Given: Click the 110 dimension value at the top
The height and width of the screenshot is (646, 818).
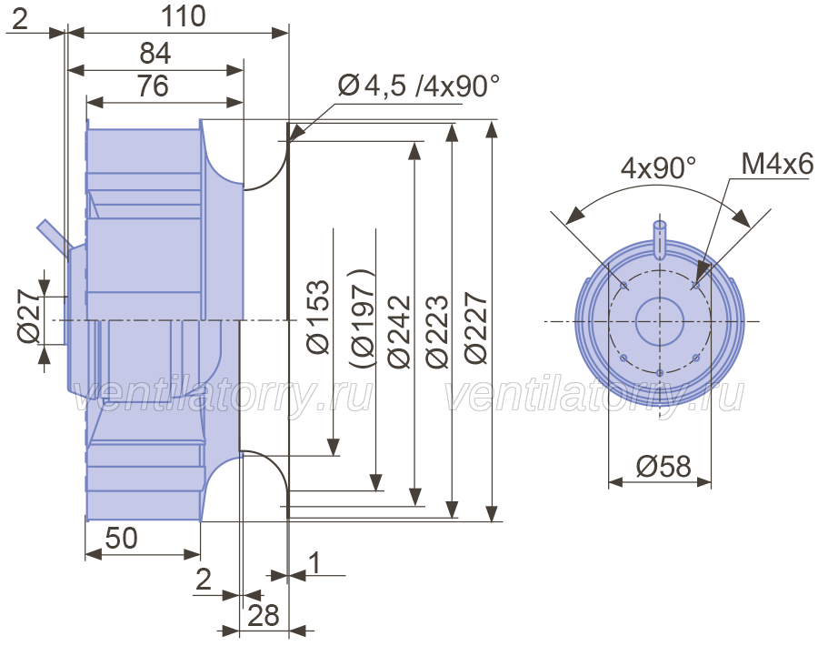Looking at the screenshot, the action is pos(183,16).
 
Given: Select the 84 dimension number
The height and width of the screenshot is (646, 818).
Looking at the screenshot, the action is pos(155,54).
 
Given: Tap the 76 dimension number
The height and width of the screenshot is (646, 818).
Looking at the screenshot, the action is pos(154,86).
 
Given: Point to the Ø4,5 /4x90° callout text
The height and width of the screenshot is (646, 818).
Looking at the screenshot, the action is pos(419,86).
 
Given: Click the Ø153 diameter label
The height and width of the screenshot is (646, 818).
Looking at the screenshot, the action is pos(318,317).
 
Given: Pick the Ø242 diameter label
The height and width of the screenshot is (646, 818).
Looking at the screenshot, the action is pos(399,332).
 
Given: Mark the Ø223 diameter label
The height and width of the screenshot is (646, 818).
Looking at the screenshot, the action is pos(436,332).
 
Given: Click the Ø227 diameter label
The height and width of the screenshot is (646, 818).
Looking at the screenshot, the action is pos(475,328).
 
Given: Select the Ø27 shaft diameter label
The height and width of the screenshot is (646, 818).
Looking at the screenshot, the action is pos(28,317).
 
